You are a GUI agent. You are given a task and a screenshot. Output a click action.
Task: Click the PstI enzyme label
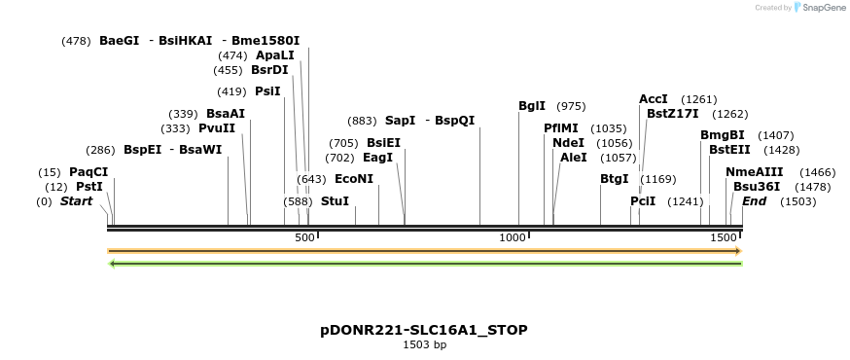tap(89, 187)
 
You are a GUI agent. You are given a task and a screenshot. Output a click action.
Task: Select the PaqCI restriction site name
tap(89, 172)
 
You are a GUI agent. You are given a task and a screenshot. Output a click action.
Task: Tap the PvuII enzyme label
tap(217, 127)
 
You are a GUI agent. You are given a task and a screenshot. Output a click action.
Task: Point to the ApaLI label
tap(275, 55)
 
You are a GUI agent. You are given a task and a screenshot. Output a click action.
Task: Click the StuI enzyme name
tap(335, 201)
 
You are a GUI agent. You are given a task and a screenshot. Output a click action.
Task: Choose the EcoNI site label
tap(353, 179)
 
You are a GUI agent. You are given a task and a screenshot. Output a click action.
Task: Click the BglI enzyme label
tap(532, 106)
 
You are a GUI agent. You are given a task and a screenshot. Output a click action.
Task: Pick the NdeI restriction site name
tap(568, 142)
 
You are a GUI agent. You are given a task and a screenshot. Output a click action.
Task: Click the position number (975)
tap(571, 106)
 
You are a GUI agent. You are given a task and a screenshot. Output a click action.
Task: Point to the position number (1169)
tap(658, 179)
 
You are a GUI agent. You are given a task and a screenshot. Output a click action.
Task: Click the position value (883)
tap(362, 121)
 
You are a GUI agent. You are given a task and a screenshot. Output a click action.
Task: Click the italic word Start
tap(77, 201)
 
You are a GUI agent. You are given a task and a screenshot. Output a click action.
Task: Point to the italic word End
tap(755, 201)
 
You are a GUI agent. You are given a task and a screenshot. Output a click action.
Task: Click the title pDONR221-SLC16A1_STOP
tap(424, 330)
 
